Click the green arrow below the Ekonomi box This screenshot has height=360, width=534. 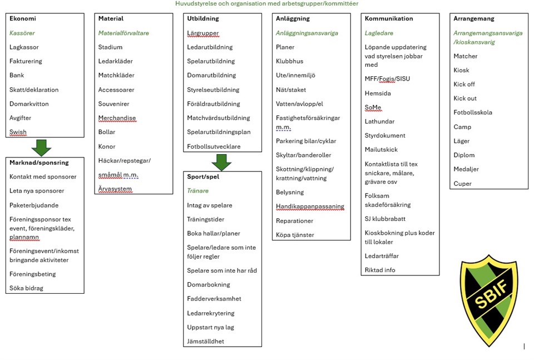[42, 147]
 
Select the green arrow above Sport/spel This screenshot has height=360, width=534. [221, 161]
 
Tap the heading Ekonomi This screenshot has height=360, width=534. [23, 18]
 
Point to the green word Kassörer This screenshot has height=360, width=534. [22, 33]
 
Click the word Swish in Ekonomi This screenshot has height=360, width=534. [18, 132]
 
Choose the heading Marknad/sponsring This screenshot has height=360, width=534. [39, 162]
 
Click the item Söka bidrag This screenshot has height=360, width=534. [26, 288]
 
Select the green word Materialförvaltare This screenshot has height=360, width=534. [123, 33]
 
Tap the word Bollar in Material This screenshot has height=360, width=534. [107, 132]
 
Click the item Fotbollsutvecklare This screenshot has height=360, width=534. [214, 146]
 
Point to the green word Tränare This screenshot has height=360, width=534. [197, 191]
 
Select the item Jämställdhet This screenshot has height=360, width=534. [205, 341]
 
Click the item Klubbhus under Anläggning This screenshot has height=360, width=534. [289, 61]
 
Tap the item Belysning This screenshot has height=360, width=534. [290, 192]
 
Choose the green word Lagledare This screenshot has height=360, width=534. [379, 33]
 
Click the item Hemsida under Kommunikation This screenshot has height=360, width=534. [378, 93]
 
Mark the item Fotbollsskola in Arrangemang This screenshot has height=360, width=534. [473, 112]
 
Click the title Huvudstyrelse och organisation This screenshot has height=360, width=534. [266, 4]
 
